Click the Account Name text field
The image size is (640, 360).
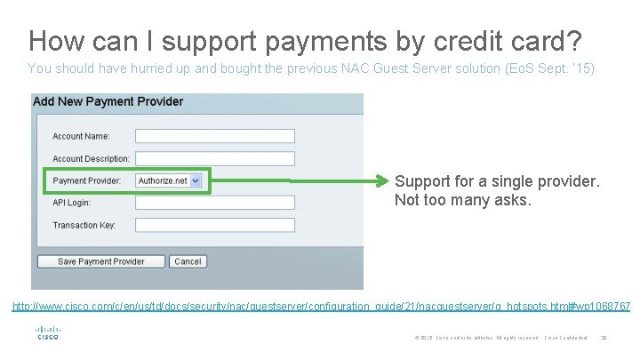tap(214, 136)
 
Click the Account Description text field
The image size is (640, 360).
tap(214, 158)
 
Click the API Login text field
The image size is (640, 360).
tap(214, 203)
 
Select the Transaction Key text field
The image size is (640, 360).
tap(214, 225)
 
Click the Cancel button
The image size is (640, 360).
tap(188, 261)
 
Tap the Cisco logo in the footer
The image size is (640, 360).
tap(47, 333)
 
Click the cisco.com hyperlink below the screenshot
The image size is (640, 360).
tap(321, 307)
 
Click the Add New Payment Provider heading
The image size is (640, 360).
tap(108, 101)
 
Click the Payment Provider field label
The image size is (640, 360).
tap(86, 180)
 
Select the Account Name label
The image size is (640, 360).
tap(81, 136)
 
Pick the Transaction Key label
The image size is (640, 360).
tap(84, 225)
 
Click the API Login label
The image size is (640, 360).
tap(71, 203)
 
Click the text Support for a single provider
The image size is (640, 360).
tap(497, 181)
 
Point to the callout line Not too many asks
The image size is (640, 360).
tap(463, 200)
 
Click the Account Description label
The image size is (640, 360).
tap(91, 158)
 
